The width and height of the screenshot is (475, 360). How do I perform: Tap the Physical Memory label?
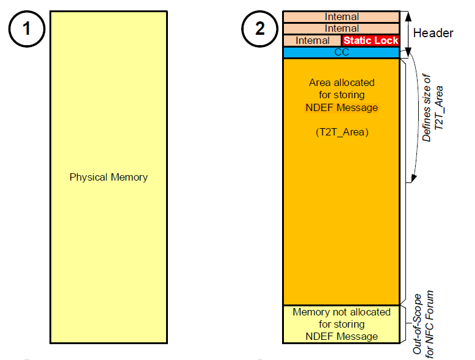109,178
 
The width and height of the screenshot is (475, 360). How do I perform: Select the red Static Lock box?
371,40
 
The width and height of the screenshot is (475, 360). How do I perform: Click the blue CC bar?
341,52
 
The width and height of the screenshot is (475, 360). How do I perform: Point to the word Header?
433,33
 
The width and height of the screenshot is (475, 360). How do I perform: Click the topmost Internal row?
341,17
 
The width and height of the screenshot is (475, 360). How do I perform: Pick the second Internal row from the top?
341,29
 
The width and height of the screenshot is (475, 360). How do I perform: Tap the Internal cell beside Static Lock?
313,40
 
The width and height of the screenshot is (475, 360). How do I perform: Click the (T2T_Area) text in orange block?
341,132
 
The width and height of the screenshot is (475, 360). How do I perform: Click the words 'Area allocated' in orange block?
341,82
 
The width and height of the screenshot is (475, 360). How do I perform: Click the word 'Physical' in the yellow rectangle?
89,178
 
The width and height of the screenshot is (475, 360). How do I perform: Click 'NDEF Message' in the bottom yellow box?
341,336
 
